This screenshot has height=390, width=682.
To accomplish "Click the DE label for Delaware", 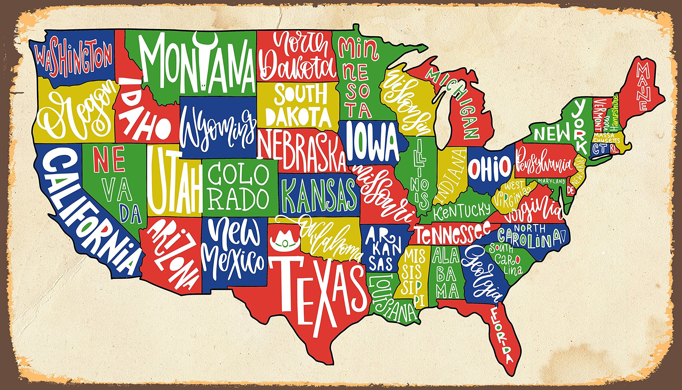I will click(571, 190).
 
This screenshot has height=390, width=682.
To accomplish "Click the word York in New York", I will click(580, 126).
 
